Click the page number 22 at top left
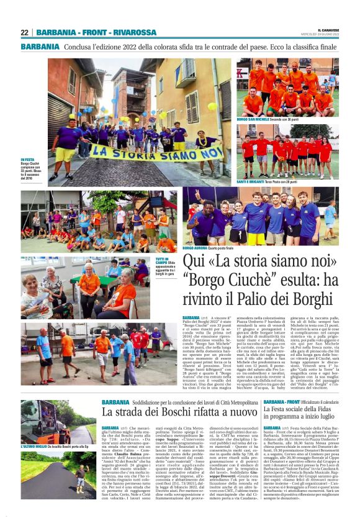(x=25, y=32)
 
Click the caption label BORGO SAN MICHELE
(x=252, y=119)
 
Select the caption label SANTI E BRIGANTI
(x=251, y=181)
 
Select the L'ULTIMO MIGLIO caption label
(x=34, y=446)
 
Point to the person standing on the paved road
(x=80, y=478)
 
